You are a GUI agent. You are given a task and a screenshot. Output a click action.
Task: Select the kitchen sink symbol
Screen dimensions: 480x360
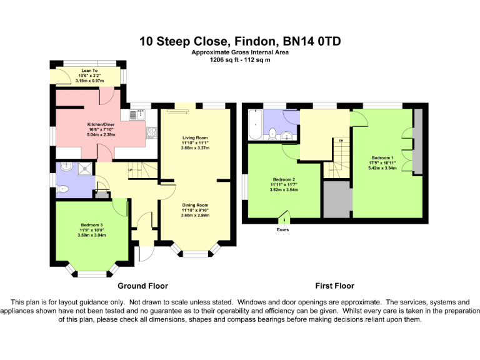[x=140, y=114]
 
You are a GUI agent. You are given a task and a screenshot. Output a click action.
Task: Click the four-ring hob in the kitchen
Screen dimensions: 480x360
[x=151, y=132]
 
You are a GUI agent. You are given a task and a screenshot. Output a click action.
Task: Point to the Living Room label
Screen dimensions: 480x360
[x=195, y=137]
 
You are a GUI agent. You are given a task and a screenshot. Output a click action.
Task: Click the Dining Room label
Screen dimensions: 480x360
[x=195, y=205]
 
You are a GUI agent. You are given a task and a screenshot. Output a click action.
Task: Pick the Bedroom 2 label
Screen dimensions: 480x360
[x=284, y=180]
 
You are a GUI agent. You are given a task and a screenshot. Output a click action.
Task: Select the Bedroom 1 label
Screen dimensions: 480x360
[x=382, y=157]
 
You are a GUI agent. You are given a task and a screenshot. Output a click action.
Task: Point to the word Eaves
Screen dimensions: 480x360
[x=282, y=229]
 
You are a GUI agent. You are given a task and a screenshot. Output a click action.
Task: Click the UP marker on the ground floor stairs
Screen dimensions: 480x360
[x=130, y=169]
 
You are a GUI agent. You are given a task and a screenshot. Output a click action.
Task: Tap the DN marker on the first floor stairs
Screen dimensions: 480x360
[x=341, y=141]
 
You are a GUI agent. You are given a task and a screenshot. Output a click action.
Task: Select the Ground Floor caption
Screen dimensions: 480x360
[x=143, y=286]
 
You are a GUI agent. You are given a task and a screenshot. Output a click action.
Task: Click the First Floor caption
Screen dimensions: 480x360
[x=334, y=286]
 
